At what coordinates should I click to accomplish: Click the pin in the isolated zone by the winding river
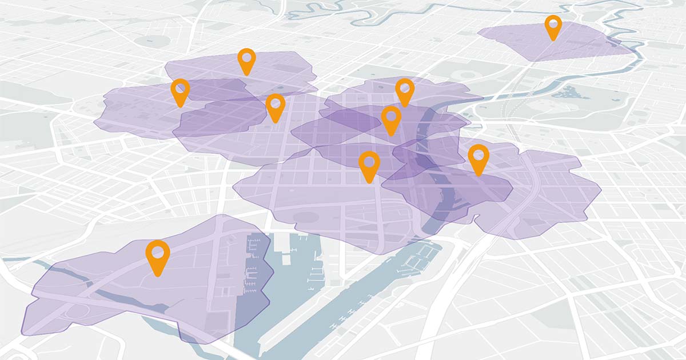[x=553, y=26]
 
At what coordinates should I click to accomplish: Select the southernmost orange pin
[x=158, y=256]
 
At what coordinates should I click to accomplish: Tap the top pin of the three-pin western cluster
[x=246, y=60]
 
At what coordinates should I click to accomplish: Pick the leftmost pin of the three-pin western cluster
[x=180, y=91]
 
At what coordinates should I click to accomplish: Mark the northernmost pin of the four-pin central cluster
[x=405, y=91]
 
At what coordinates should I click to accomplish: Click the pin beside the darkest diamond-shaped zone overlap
[x=391, y=119]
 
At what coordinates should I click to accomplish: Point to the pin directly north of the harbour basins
[x=369, y=165]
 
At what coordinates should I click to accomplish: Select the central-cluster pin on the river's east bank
[x=478, y=158]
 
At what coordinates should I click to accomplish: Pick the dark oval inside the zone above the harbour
[x=305, y=217]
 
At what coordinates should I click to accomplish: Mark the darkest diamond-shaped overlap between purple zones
[x=349, y=120]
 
